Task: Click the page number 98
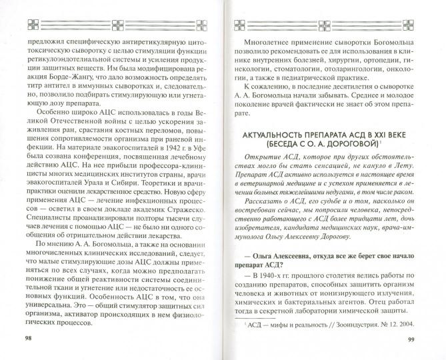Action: pyautogui.click(x=28, y=339)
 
